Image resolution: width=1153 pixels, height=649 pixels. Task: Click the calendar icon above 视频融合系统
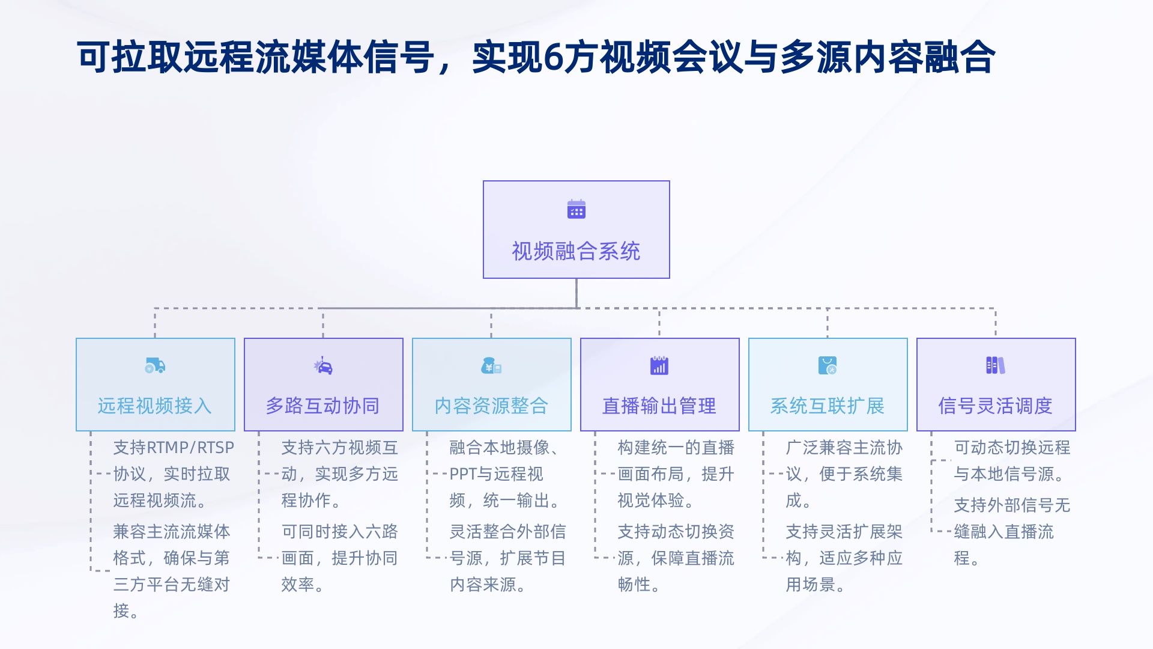576,209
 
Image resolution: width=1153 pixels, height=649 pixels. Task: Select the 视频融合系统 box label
576,251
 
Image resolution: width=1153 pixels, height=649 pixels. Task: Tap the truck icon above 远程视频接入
155,365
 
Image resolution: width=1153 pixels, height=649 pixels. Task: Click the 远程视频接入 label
155,406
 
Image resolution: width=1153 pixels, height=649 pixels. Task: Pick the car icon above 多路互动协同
323,365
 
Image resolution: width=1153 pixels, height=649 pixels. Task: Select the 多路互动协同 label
323,406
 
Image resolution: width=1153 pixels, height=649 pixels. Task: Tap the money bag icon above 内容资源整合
491,365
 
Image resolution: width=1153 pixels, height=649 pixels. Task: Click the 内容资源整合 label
491,406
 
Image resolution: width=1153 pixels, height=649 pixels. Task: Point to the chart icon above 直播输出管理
659,365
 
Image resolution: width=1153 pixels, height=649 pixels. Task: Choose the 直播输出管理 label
659,406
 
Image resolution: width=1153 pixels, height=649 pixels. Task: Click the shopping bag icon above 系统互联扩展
828,365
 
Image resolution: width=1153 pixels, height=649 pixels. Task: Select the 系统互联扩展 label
828,406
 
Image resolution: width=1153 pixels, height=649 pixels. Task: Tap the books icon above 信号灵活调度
996,365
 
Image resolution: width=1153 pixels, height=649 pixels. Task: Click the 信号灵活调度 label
996,406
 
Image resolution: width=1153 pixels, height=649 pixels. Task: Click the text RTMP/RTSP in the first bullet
190,448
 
